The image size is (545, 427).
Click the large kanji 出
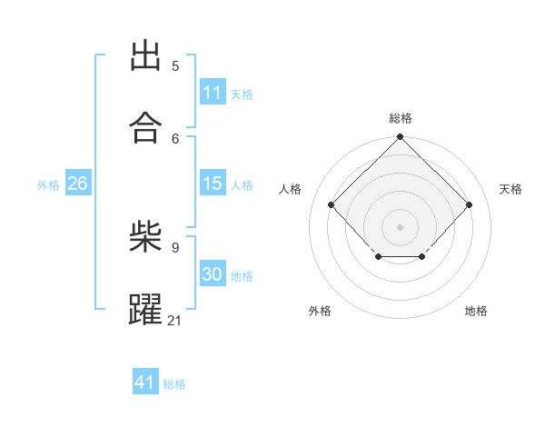pyautogui.click(x=145, y=55)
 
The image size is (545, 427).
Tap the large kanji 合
pyautogui.click(x=145, y=127)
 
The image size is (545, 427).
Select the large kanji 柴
pyautogui.click(x=145, y=236)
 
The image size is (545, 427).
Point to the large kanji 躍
pyautogui.click(x=145, y=309)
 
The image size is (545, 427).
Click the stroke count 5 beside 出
pyautogui.click(x=175, y=66)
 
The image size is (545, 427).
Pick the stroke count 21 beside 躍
pyautogui.click(x=173, y=321)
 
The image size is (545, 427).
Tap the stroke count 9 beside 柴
pyautogui.click(x=175, y=248)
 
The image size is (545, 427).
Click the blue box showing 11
pyautogui.click(x=213, y=92)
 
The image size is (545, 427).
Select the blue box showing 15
pyautogui.click(x=213, y=183)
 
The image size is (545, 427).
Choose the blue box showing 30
pyautogui.click(x=213, y=273)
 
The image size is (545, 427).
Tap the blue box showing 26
pyautogui.click(x=78, y=183)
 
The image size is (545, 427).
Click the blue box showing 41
pyautogui.click(x=145, y=381)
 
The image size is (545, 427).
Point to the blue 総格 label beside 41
pyautogui.click(x=174, y=384)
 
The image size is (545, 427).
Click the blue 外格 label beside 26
pyautogui.click(x=48, y=185)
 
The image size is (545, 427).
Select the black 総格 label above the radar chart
pyautogui.click(x=401, y=118)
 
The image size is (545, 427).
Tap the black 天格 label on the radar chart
pyautogui.click(x=510, y=189)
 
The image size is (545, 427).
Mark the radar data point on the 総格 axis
pyautogui.click(x=400, y=136)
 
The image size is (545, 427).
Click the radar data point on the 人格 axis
pyautogui.click(x=332, y=204)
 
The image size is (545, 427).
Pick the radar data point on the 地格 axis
pyautogui.click(x=422, y=256)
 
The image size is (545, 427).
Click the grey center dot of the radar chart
pyautogui.click(x=400, y=227)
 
